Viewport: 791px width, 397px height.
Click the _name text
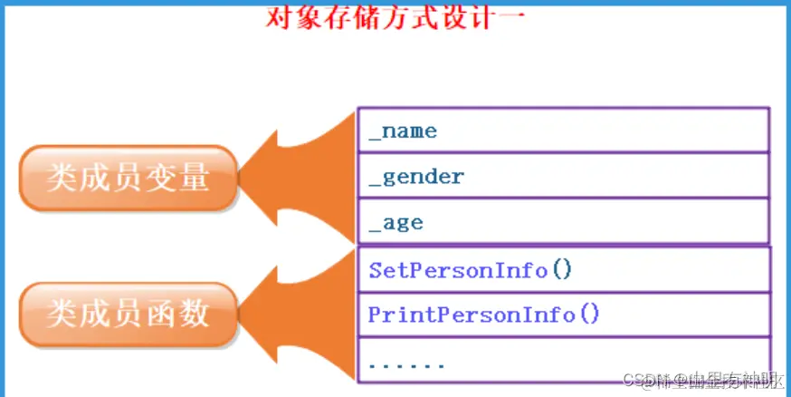coord(403,131)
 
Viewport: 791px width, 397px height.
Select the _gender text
coord(416,177)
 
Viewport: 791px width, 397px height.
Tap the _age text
coord(395,223)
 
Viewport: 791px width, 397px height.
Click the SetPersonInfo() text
coord(471,270)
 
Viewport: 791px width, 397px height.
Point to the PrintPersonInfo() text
coord(484,315)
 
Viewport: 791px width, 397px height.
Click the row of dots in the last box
coord(406,365)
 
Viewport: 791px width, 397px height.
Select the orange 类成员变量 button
coord(129,179)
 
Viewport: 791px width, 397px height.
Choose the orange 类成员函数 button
coord(129,314)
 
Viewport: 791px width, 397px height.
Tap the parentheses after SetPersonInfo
coord(562,270)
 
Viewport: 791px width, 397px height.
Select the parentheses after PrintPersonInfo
coord(589,315)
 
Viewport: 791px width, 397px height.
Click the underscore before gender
coord(375,183)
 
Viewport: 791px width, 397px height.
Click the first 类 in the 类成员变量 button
coord(62,179)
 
